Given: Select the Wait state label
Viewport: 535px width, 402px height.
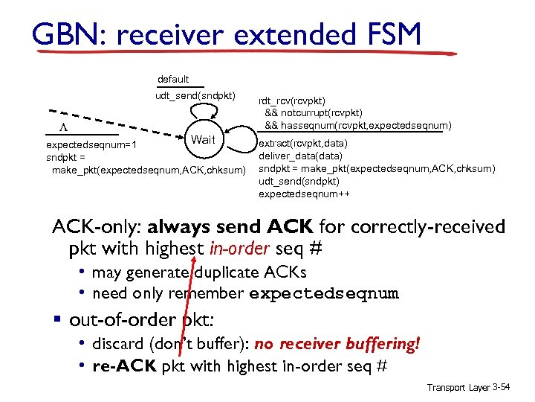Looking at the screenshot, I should pyautogui.click(x=203, y=140).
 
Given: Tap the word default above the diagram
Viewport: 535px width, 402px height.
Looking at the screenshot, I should pyautogui.click(x=173, y=79).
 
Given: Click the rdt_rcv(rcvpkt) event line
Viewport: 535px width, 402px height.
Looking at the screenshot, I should pyautogui.click(x=291, y=101).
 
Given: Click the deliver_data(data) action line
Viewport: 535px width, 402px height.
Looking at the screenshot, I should pyautogui.click(x=300, y=156).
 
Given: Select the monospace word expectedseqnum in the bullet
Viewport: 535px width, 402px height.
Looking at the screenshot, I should pyautogui.click(x=323, y=293).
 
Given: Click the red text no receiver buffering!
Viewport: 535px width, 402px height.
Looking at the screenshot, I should pyautogui.click(x=337, y=344).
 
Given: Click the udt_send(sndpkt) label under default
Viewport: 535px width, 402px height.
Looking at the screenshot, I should pyautogui.click(x=195, y=95).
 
